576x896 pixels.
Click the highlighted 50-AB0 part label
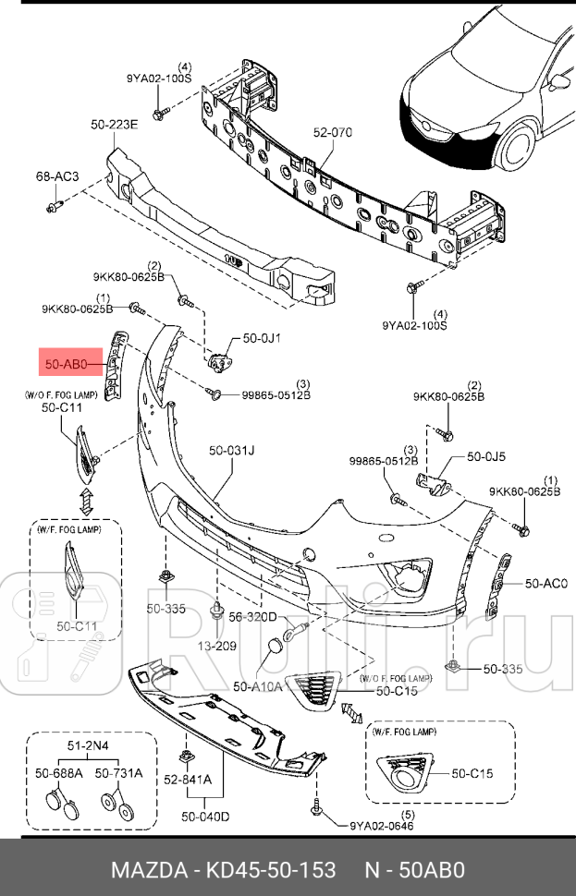(x=66, y=364)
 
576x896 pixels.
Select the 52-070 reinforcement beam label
(x=332, y=133)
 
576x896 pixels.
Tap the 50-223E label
(x=114, y=125)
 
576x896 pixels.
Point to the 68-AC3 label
(x=57, y=176)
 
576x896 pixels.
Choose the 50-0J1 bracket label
(x=262, y=338)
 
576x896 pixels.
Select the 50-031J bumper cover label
(x=231, y=451)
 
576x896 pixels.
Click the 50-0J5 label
(x=486, y=455)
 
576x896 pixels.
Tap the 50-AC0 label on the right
(x=545, y=583)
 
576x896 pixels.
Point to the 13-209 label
(x=218, y=646)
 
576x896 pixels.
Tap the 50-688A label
(x=58, y=773)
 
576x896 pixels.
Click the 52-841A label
(x=189, y=778)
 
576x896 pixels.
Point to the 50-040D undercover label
(x=205, y=816)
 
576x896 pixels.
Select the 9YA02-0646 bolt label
(x=382, y=826)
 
